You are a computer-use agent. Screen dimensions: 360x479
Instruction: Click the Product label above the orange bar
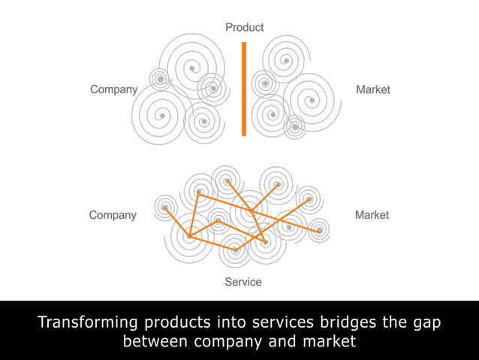245,28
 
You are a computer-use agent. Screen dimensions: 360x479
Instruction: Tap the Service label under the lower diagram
243,282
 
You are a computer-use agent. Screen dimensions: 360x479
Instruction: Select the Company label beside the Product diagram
114,89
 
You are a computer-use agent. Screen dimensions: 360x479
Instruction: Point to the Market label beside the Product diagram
373,89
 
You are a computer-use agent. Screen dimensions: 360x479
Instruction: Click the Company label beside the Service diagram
113,215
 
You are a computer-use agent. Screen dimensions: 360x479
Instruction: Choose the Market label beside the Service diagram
372,215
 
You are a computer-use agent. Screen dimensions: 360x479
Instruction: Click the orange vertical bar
244,89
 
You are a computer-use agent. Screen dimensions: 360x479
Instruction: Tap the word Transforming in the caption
88,322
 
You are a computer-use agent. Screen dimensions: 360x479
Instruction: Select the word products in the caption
177,322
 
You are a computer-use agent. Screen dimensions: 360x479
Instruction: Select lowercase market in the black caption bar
329,342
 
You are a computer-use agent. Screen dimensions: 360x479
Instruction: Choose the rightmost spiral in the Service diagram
319,228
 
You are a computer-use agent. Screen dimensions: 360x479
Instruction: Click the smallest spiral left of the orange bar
159,78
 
